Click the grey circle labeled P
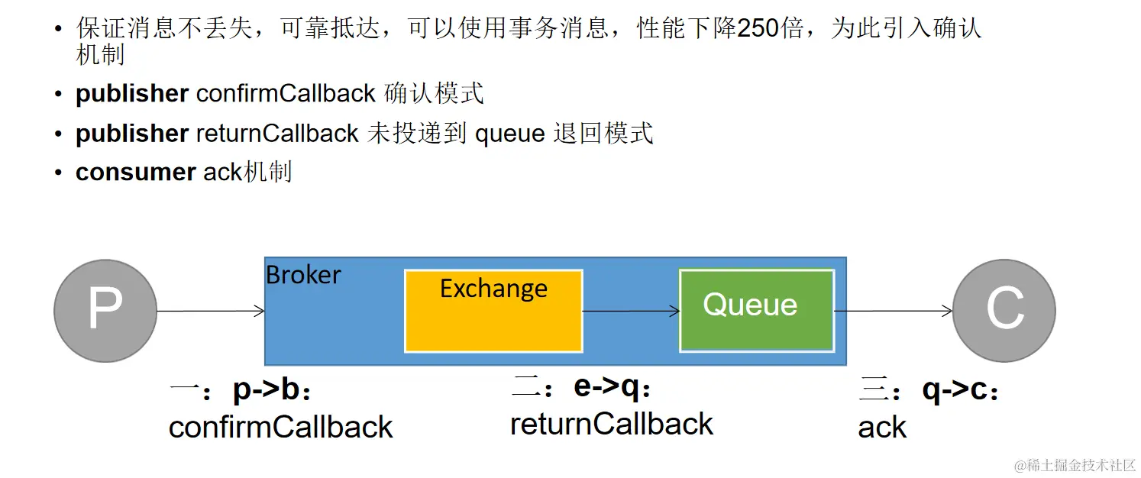click(x=105, y=311)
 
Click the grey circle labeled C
click(x=1004, y=311)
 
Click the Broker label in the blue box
click(x=303, y=275)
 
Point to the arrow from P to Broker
click(x=211, y=311)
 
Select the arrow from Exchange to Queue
click(x=631, y=311)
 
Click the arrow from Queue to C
click(x=894, y=311)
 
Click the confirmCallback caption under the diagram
click(x=280, y=427)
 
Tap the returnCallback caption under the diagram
click(x=611, y=424)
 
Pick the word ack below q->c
click(x=882, y=428)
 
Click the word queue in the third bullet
click(x=509, y=134)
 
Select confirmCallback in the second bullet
click(x=286, y=94)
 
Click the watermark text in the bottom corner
click(x=1075, y=465)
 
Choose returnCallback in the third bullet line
click(x=277, y=134)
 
